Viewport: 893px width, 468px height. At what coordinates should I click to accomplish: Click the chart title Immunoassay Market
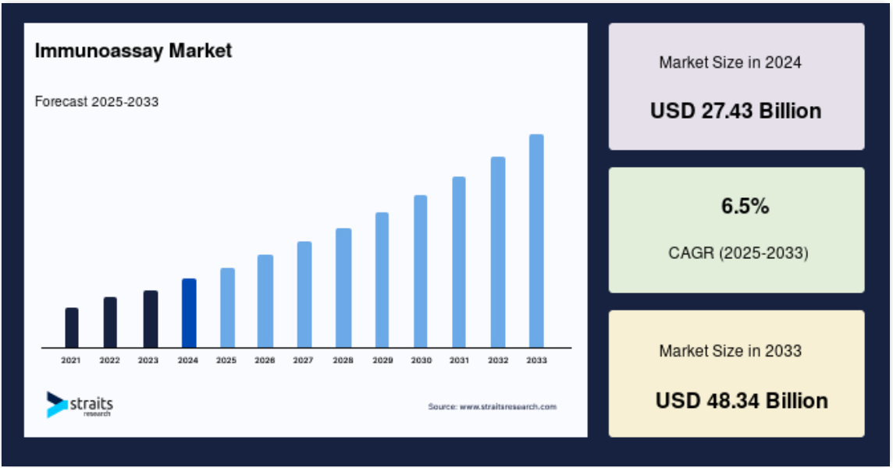(133, 51)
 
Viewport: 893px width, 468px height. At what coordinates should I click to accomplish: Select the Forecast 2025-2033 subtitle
(97, 102)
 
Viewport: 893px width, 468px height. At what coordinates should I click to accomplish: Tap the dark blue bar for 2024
(189, 313)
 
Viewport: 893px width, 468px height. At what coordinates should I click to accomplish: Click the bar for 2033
(536, 241)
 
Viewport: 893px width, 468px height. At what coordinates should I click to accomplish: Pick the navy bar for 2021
(72, 328)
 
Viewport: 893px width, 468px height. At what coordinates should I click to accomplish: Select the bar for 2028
(343, 288)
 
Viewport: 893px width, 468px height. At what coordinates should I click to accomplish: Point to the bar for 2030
(420, 271)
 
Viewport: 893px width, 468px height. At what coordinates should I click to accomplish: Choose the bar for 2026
(265, 301)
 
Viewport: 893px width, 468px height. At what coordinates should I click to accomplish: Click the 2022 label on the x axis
(110, 360)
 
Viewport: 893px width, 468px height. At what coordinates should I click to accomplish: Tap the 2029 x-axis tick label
(382, 360)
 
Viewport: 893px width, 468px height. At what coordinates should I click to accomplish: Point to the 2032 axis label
(498, 360)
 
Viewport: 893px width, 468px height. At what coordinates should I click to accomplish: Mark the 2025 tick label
(226, 360)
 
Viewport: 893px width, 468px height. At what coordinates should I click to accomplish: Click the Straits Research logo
(80, 405)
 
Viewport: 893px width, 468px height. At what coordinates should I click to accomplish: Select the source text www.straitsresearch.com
(508, 406)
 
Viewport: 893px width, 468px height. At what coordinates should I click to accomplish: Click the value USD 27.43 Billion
(736, 111)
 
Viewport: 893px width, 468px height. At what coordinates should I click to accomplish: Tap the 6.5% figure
(745, 206)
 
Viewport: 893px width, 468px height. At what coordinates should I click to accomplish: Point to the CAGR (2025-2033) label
(738, 253)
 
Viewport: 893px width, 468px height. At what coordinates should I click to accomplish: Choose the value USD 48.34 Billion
(742, 401)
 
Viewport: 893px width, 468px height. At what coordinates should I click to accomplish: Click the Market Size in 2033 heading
(730, 351)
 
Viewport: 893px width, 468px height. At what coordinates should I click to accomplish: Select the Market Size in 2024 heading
(730, 62)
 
